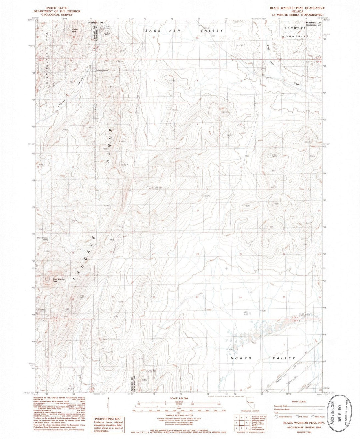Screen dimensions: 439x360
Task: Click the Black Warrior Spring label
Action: point(42,238)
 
